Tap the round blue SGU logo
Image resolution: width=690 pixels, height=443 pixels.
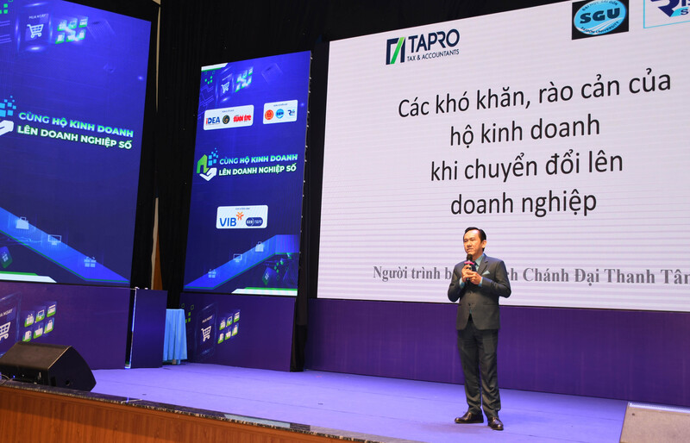(x=599, y=18)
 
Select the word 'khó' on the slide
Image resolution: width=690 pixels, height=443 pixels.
(x=456, y=107)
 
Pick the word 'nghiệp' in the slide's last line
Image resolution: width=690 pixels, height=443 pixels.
(x=559, y=203)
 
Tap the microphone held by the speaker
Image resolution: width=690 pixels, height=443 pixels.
(x=470, y=261)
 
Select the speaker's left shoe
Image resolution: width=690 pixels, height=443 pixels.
(x=495, y=422)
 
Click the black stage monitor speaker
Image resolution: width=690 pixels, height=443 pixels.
(x=47, y=365)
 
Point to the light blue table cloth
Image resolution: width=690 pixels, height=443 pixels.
(x=175, y=335)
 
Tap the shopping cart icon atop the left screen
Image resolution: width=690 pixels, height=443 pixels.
(x=35, y=30)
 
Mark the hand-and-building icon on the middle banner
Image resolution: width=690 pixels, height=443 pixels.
(x=207, y=164)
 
